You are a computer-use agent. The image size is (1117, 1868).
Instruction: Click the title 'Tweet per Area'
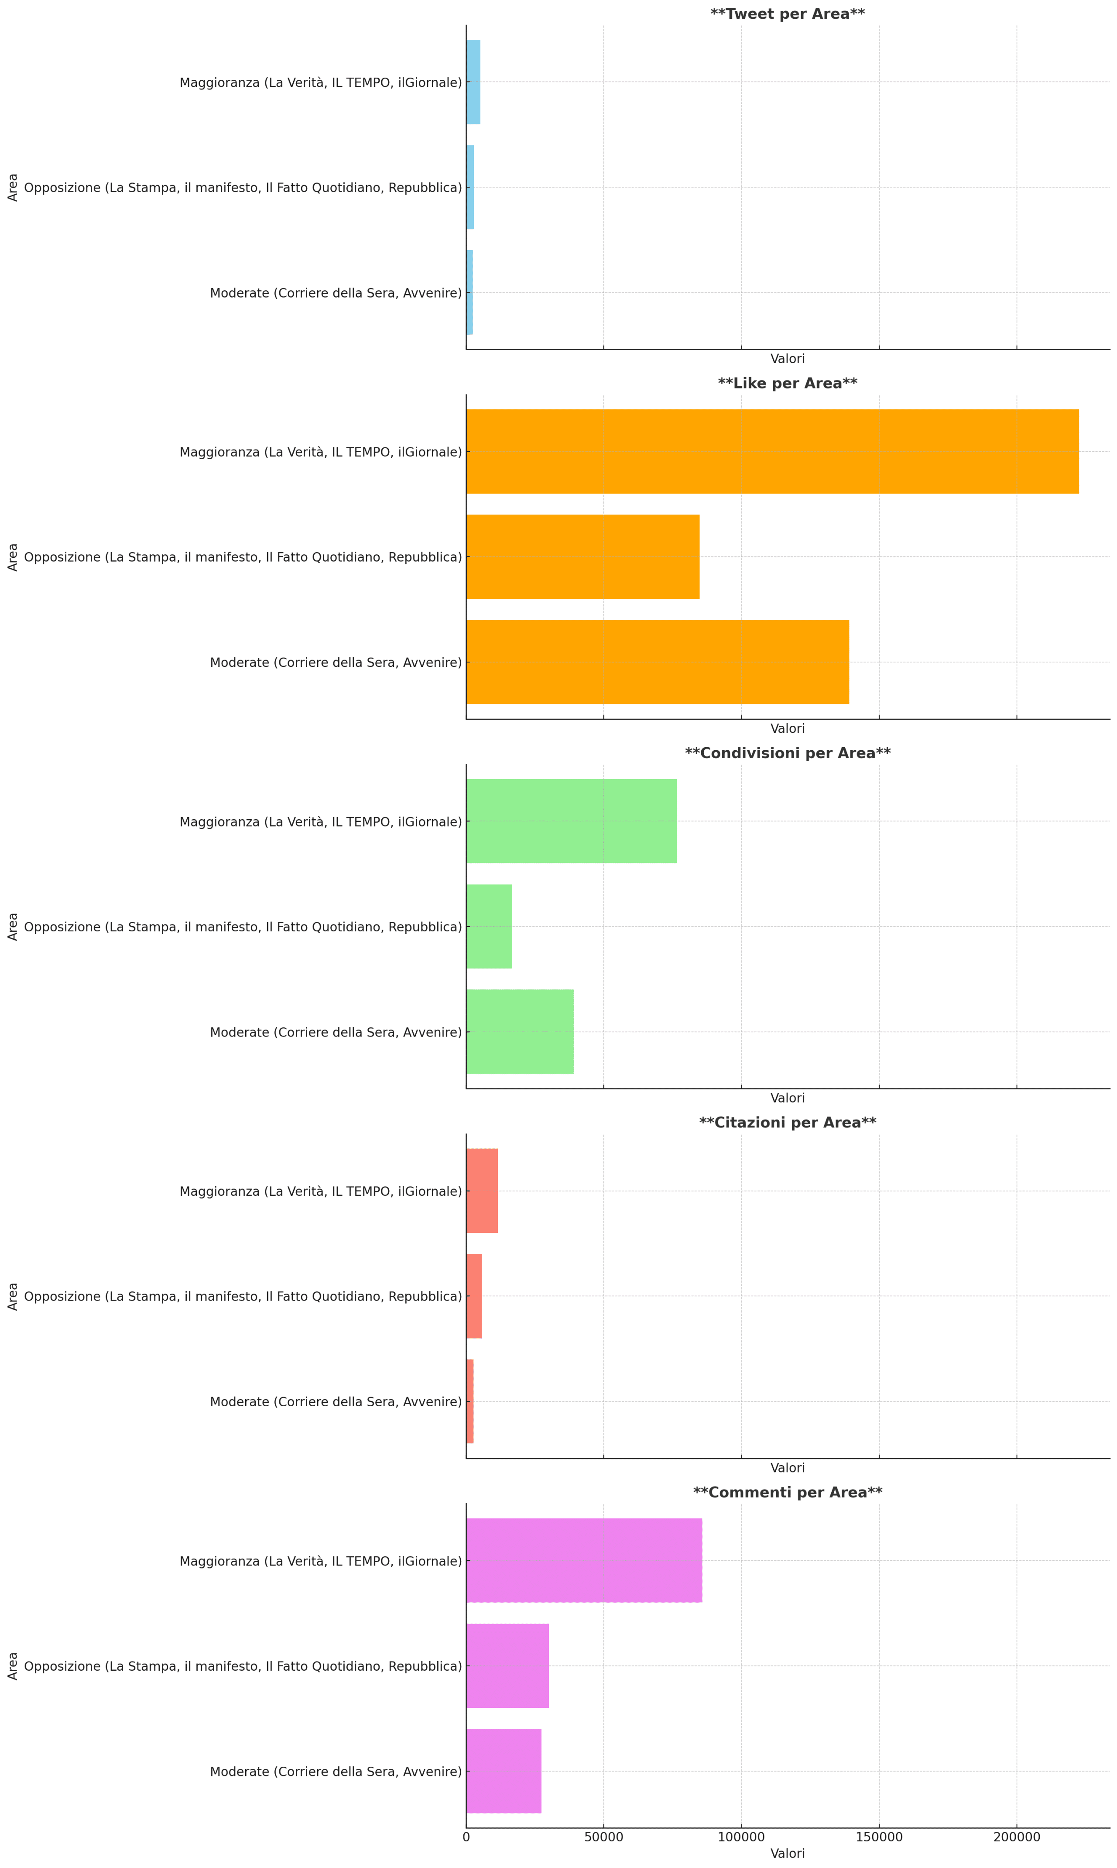[787, 14]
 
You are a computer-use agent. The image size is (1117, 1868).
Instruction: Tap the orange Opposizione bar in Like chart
[582, 557]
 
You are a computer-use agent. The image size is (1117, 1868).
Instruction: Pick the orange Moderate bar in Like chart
[657, 663]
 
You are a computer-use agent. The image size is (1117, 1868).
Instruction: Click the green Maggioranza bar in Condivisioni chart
[571, 821]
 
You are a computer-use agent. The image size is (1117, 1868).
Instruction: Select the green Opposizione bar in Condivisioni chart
[489, 927]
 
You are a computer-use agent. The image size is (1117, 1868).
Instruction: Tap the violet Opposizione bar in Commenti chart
[507, 1666]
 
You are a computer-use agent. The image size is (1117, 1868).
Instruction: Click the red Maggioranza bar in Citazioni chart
[482, 1191]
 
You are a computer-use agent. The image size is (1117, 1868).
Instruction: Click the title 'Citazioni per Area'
[787, 1123]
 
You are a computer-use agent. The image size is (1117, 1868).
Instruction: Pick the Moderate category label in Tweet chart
[336, 293]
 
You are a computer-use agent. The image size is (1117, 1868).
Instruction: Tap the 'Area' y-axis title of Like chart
[13, 557]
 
